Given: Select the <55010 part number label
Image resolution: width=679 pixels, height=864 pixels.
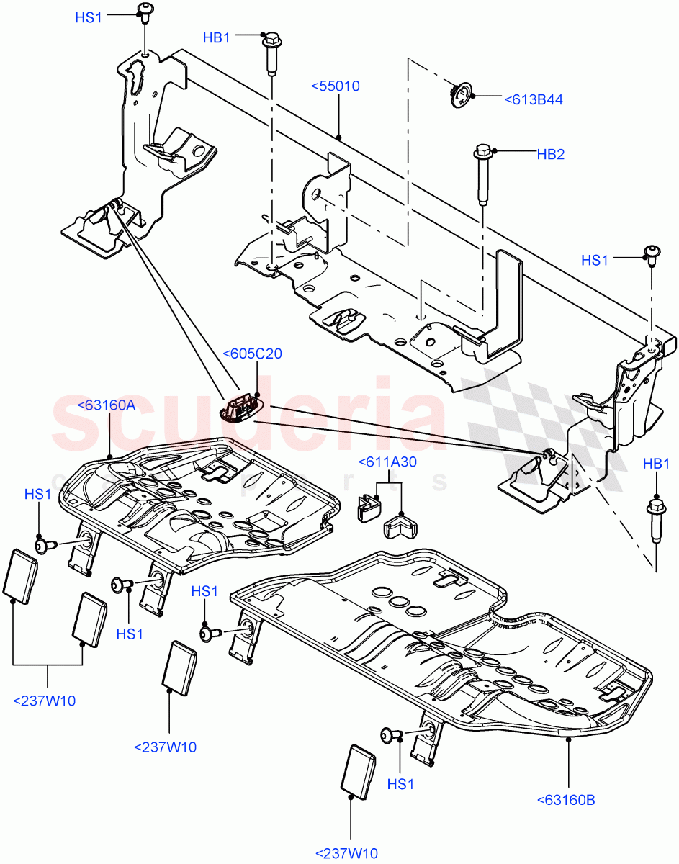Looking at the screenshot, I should coord(335,86).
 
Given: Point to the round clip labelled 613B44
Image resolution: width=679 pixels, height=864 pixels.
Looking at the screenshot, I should coord(459,94).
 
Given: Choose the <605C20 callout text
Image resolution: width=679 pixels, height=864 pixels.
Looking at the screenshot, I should coord(252,354).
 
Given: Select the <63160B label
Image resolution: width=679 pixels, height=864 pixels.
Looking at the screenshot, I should coord(566,799).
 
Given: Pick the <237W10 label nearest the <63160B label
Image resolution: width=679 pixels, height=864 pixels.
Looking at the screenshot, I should coord(346,853).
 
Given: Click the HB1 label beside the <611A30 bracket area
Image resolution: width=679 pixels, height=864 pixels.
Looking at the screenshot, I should coord(656,464).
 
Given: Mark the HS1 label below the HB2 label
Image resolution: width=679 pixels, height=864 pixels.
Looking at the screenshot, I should coord(595,260).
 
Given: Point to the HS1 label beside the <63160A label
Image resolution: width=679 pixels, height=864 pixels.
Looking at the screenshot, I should coord(37,495).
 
